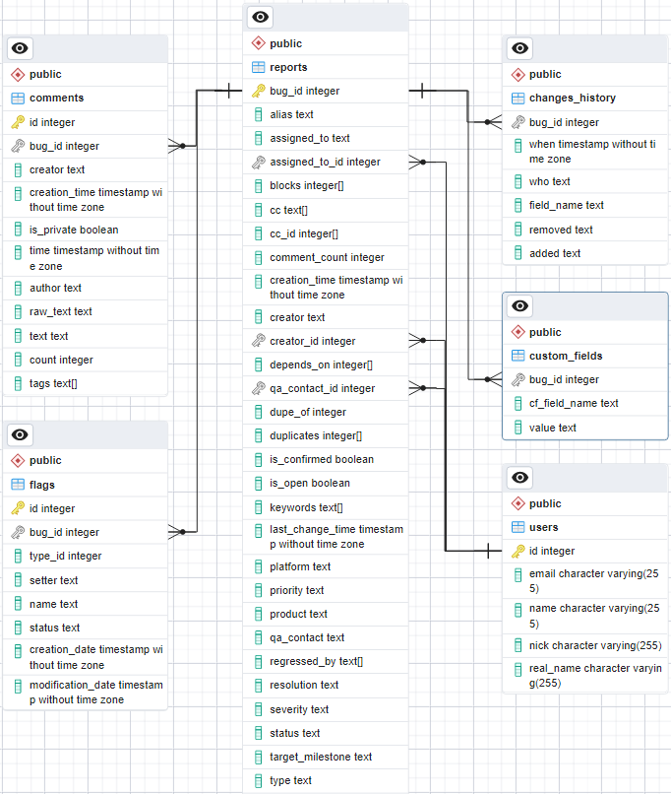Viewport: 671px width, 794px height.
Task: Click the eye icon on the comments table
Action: [21, 48]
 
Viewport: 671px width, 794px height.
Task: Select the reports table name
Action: [288, 67]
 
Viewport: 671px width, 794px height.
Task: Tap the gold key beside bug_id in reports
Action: [258, 91]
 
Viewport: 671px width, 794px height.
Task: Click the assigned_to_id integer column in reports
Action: [325, 162]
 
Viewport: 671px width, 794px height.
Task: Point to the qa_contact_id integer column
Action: [322, 388]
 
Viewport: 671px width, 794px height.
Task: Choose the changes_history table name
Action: [573, 98]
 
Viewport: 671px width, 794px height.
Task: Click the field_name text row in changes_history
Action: [566, 205]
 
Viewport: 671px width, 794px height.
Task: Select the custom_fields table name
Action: [566, 356]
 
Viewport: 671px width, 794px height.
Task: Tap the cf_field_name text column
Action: [574, 403]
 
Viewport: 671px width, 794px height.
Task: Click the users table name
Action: [543, 527]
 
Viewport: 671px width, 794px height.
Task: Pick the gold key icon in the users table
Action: [518, 551]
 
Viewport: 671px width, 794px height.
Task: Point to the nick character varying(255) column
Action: [595, 645]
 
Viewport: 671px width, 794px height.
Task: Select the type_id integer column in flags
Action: [65, 556]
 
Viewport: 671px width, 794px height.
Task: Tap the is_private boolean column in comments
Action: [74, 230]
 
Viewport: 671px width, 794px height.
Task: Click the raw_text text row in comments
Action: [61, 311]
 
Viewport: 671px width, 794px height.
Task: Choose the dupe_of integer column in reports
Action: [308, 412]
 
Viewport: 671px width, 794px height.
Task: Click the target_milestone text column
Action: [321, 757]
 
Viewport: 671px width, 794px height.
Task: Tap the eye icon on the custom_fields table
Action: [520, 306]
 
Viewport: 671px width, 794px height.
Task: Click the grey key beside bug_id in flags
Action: [18, 532]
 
